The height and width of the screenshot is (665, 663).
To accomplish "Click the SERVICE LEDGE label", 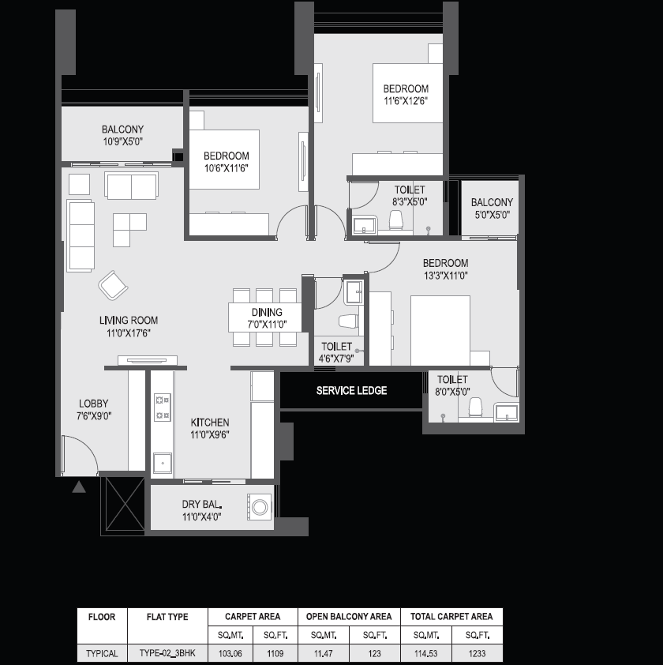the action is point(351,391).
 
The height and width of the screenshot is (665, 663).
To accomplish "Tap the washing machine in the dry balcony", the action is point(260,507).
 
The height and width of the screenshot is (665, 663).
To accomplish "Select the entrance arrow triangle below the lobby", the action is point(79,487).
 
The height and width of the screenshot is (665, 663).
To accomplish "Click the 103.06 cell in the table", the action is point(230,654).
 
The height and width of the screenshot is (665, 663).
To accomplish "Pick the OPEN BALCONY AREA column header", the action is point(349,616).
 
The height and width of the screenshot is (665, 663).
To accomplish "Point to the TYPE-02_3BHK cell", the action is point(167,653).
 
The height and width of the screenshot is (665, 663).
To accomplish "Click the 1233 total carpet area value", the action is point(477,654).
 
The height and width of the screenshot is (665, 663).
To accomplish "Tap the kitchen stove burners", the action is point(163,408).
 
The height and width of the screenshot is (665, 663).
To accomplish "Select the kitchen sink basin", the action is point(163,463).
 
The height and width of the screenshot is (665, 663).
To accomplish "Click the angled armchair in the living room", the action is point(113,285).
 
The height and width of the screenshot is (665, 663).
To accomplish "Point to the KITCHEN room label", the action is point(210,423).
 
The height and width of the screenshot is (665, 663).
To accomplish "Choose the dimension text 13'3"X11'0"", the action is point(445,276).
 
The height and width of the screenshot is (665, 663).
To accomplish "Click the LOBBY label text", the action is point(94,404).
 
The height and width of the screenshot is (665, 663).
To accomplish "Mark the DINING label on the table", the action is point(267,313).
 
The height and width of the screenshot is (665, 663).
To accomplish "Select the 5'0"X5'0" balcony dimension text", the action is point(492,215).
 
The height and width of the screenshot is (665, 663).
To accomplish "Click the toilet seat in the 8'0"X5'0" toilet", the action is point(476,407).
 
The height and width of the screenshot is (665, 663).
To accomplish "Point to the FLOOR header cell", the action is point(102,617).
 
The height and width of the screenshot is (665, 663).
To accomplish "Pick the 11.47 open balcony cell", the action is point(324,654).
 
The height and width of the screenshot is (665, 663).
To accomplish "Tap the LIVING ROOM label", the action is point(129,320).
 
